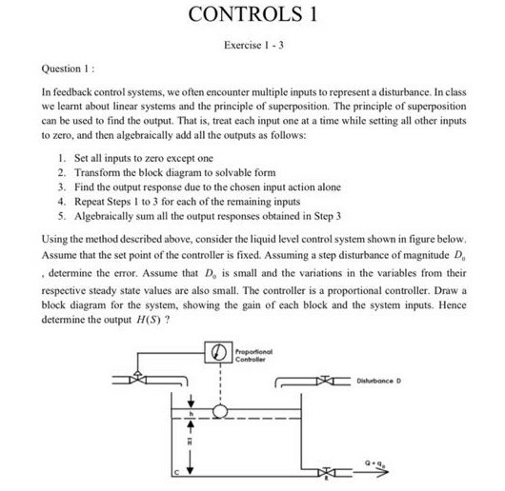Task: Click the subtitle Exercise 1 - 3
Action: pos(252,46)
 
